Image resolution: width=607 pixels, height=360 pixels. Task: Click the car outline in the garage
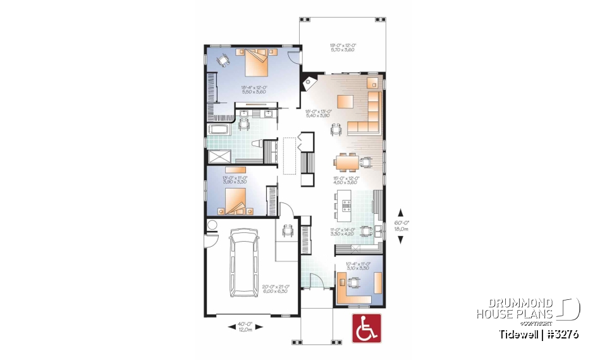coord(245,263)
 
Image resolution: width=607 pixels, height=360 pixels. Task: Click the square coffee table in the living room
coord(345,101)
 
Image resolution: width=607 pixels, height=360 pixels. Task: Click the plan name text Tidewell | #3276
coord(538,333)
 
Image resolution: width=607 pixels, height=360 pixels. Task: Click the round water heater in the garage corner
coord(211,225)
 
